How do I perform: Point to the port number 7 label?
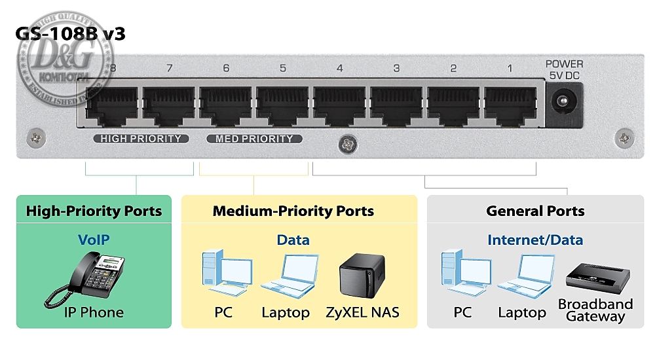tap(169, 68)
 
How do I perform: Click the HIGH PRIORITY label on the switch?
tap(141, 139)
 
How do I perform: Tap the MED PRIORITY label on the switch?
tap(254, 139)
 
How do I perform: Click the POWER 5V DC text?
tap(564, 69)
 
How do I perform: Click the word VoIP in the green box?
tap(94, 240)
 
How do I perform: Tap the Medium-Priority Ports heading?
tap(293, 211)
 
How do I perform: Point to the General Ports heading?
tap(535, 211)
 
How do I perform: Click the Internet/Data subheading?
tap(535, 240)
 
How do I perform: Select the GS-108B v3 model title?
tap(71, 34)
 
